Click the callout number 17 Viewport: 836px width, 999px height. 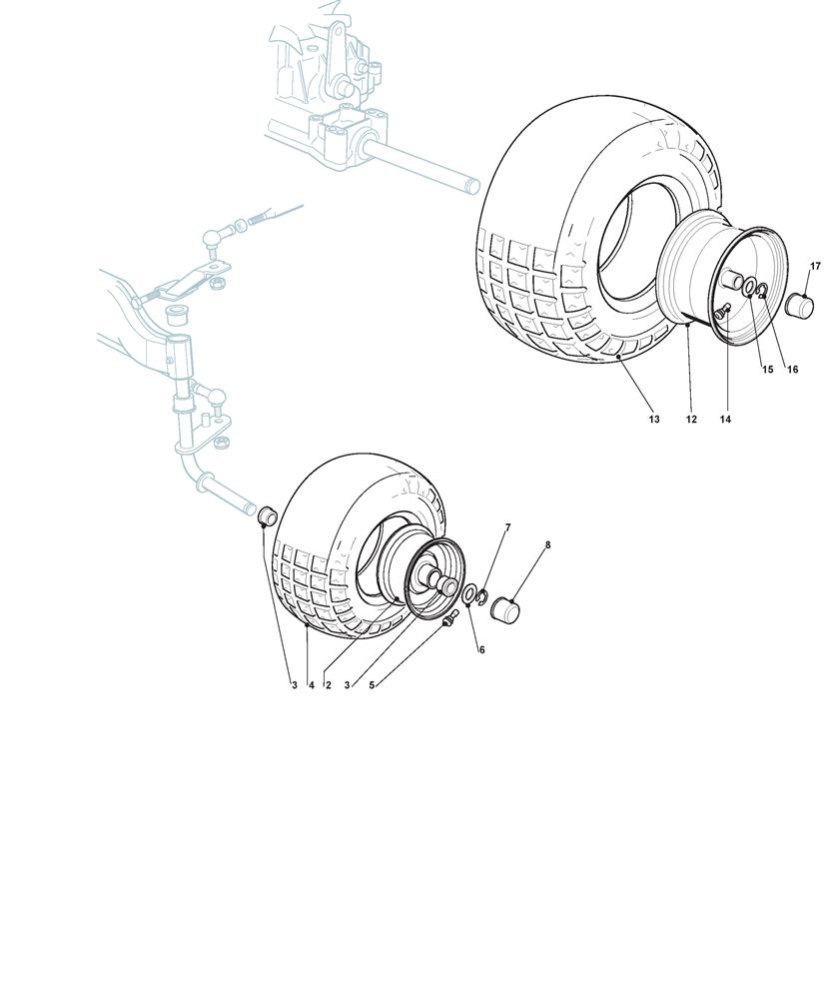815,267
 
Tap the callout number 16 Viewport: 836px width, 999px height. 792,370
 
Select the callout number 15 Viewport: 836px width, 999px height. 767,370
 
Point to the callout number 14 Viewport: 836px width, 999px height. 725,420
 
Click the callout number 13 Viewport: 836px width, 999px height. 654,420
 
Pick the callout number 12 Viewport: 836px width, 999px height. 691,420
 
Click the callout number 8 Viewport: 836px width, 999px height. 548,545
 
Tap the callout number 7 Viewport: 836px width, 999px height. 507,527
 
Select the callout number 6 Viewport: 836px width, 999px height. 481,650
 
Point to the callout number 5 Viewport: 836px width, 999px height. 372,685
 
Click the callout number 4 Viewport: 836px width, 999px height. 311,685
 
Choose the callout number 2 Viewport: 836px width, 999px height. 329,685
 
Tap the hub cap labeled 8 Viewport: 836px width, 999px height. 505,608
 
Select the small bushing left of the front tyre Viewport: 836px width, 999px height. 267,514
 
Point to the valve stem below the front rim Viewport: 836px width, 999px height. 450,617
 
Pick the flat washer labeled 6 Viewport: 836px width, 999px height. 469,594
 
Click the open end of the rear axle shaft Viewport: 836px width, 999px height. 472,186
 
